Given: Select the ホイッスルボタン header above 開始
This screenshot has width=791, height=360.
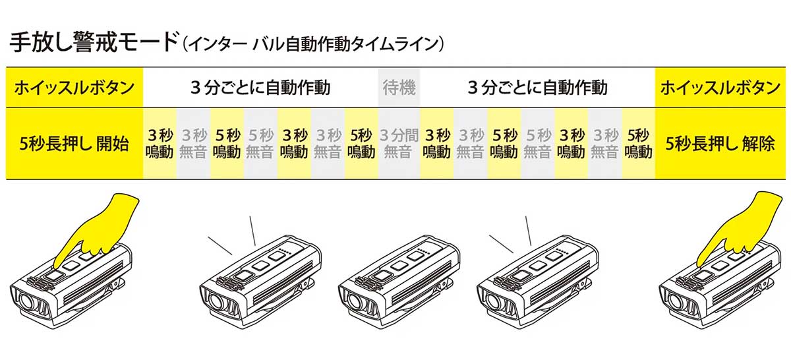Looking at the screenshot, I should [74, 87].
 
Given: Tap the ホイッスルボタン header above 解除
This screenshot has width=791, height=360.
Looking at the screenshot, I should [719, 87].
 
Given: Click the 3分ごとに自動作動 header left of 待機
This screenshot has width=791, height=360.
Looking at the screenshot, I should [260, 87].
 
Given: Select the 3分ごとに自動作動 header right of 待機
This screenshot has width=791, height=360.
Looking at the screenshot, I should [537, 87].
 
